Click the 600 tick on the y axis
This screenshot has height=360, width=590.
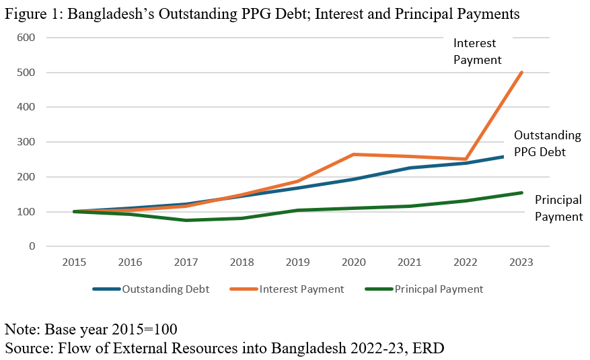tap(26, 38)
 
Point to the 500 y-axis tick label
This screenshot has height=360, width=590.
tap(26, 73)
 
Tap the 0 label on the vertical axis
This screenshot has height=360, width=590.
tap(31, 247)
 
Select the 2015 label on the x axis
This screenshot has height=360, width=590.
tap(74, 263)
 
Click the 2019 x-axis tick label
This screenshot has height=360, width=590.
tap(298, 263)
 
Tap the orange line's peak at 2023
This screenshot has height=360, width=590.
tap(522, 72)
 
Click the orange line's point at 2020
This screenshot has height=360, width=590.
tap(354, 155)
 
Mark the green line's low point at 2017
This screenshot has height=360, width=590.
tap(186, 220)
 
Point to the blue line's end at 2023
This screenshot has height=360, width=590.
tap(522, 156)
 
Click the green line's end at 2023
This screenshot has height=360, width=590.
tap(522, 193)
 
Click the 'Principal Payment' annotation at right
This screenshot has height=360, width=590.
tap(558, 209)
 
